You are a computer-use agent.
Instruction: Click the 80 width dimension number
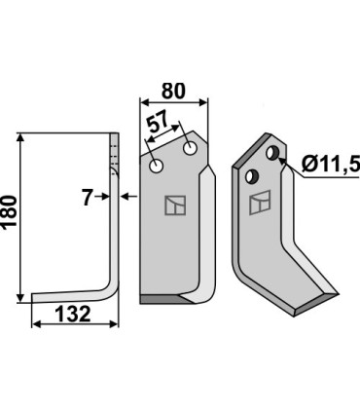click(173, 91)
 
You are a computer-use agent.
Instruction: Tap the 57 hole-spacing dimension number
click(158, 122)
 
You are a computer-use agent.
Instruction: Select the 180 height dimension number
click(9, 212)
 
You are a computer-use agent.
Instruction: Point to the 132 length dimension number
click(73, 314)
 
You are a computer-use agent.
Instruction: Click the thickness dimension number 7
click(87, 198)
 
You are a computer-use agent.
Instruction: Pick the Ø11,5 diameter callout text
click(331, 165)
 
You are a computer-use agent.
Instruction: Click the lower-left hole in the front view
click(156, 167)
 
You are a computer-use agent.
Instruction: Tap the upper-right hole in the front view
click(190, 149)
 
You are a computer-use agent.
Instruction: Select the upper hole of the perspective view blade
click(272, 153)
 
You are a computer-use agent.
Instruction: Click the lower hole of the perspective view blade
click(252, 175)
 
